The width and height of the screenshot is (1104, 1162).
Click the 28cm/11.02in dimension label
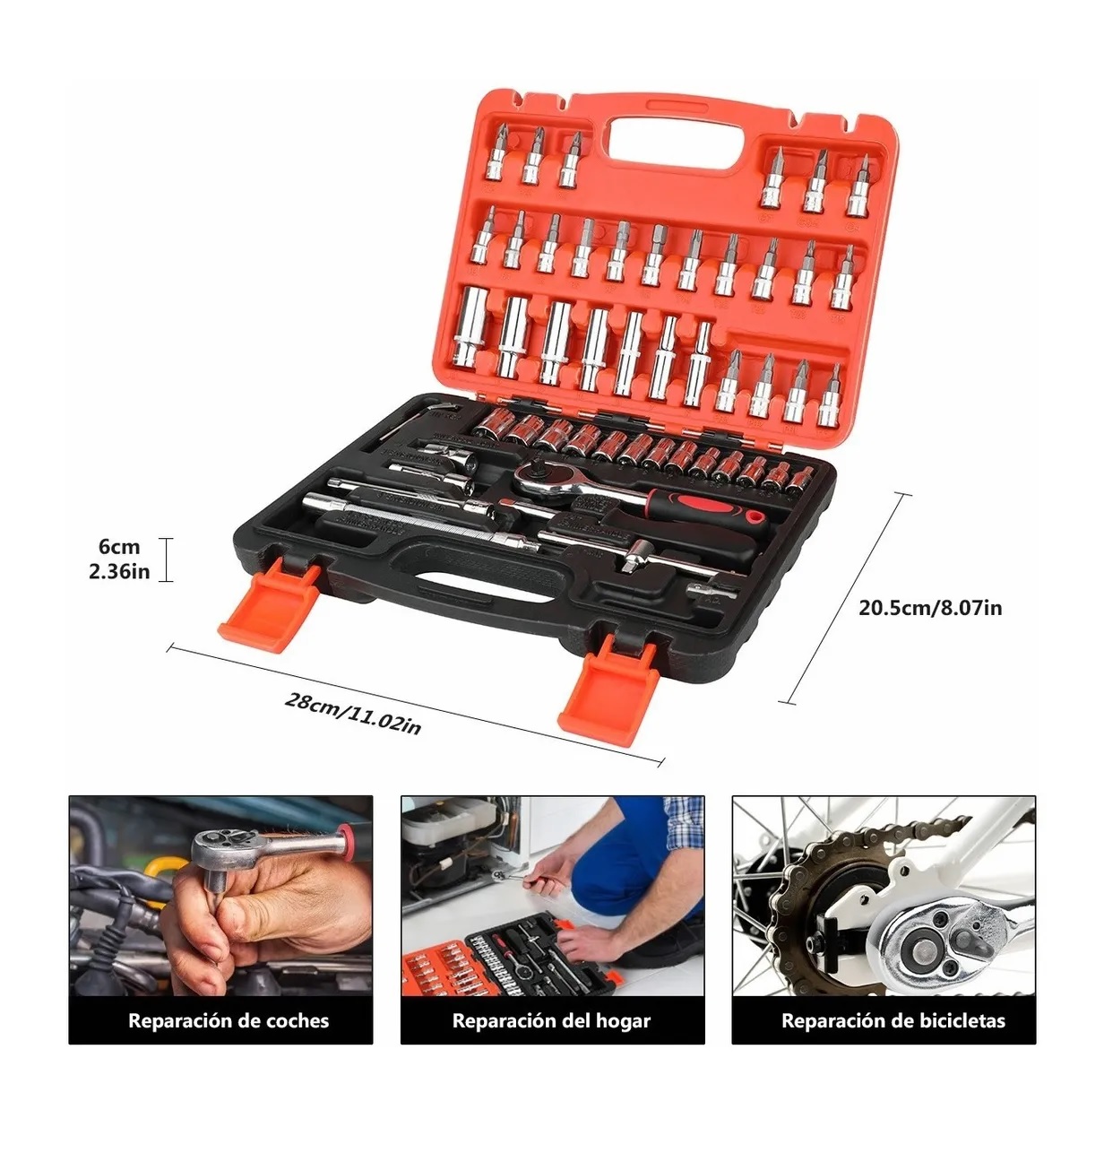pyautogui.click(x=352, y=713)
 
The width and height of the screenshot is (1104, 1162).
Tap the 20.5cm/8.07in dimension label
pyautogui.click(x=930, y=607)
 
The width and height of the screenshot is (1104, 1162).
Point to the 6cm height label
pyautogui.click(x=119, y=547)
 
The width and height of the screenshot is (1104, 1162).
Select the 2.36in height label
pyautogui.click(x=119, y=571)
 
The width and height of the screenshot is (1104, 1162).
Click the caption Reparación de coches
pyautogui.click(x=229, y=1020)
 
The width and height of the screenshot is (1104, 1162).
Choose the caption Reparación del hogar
pyautogui.click(x=551, y=1020)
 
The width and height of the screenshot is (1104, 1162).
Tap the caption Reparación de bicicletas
pyautogui.click(x=893, y=1020)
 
